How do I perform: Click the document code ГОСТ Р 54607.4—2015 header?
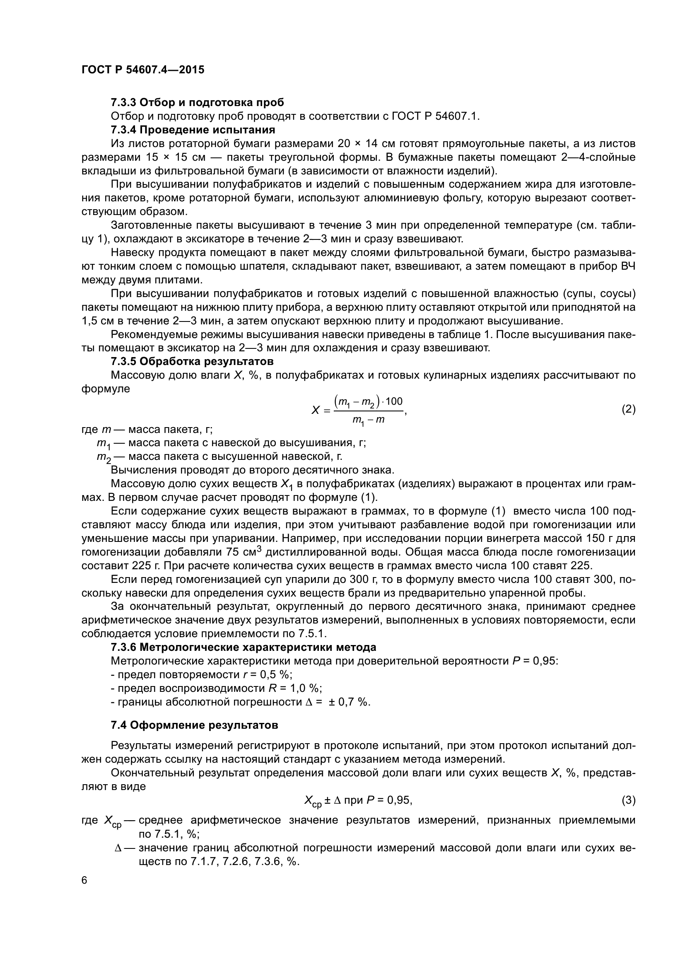pos(142,70)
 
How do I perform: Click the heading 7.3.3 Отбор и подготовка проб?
pos(198,103)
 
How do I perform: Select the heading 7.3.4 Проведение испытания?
pos(193,130)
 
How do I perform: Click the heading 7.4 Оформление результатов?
pos(195,725)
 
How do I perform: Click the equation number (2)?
pos(629,409)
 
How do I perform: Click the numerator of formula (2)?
pos(368,401)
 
